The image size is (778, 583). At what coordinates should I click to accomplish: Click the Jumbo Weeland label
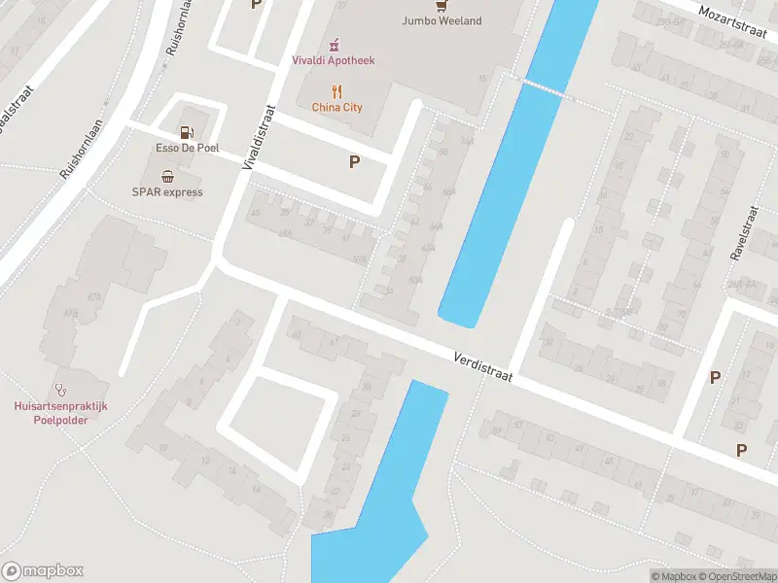[442, 21]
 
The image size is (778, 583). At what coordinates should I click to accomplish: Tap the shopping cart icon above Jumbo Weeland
[442, 4]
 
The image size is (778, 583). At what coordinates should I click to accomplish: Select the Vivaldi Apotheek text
[334, 60]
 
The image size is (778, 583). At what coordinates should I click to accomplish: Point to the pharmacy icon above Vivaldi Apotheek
[335, 44]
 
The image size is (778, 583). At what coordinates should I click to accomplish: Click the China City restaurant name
[336, 107]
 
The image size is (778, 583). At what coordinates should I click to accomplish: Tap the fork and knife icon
[337, 91]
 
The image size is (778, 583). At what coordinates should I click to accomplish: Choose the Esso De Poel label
[187, 148]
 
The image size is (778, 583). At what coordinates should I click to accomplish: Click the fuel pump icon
[187, 131]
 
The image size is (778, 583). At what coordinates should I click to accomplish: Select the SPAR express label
[167, 192]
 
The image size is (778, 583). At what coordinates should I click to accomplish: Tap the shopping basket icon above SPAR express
[168, 176]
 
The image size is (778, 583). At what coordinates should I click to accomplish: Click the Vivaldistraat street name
[259, 140]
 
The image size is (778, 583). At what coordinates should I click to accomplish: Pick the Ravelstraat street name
[744, 232]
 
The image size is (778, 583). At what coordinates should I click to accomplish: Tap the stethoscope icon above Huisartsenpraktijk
[61, 386]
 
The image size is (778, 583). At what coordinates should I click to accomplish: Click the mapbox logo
[43, 570]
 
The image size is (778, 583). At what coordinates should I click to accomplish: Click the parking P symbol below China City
[355, 162]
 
